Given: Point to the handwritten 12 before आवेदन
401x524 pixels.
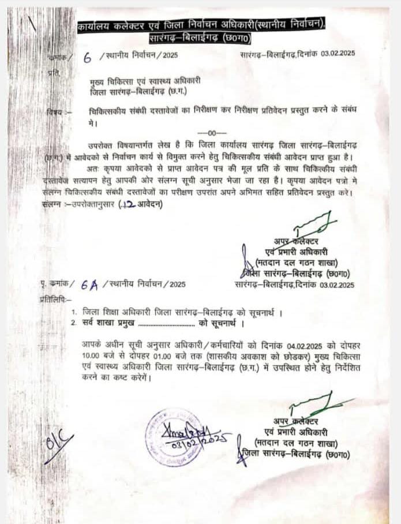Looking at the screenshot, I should (x=127, y=204).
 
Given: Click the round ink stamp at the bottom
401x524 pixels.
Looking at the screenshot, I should (x=174, y=437).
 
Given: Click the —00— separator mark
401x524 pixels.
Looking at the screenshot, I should (x=207, y=133).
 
